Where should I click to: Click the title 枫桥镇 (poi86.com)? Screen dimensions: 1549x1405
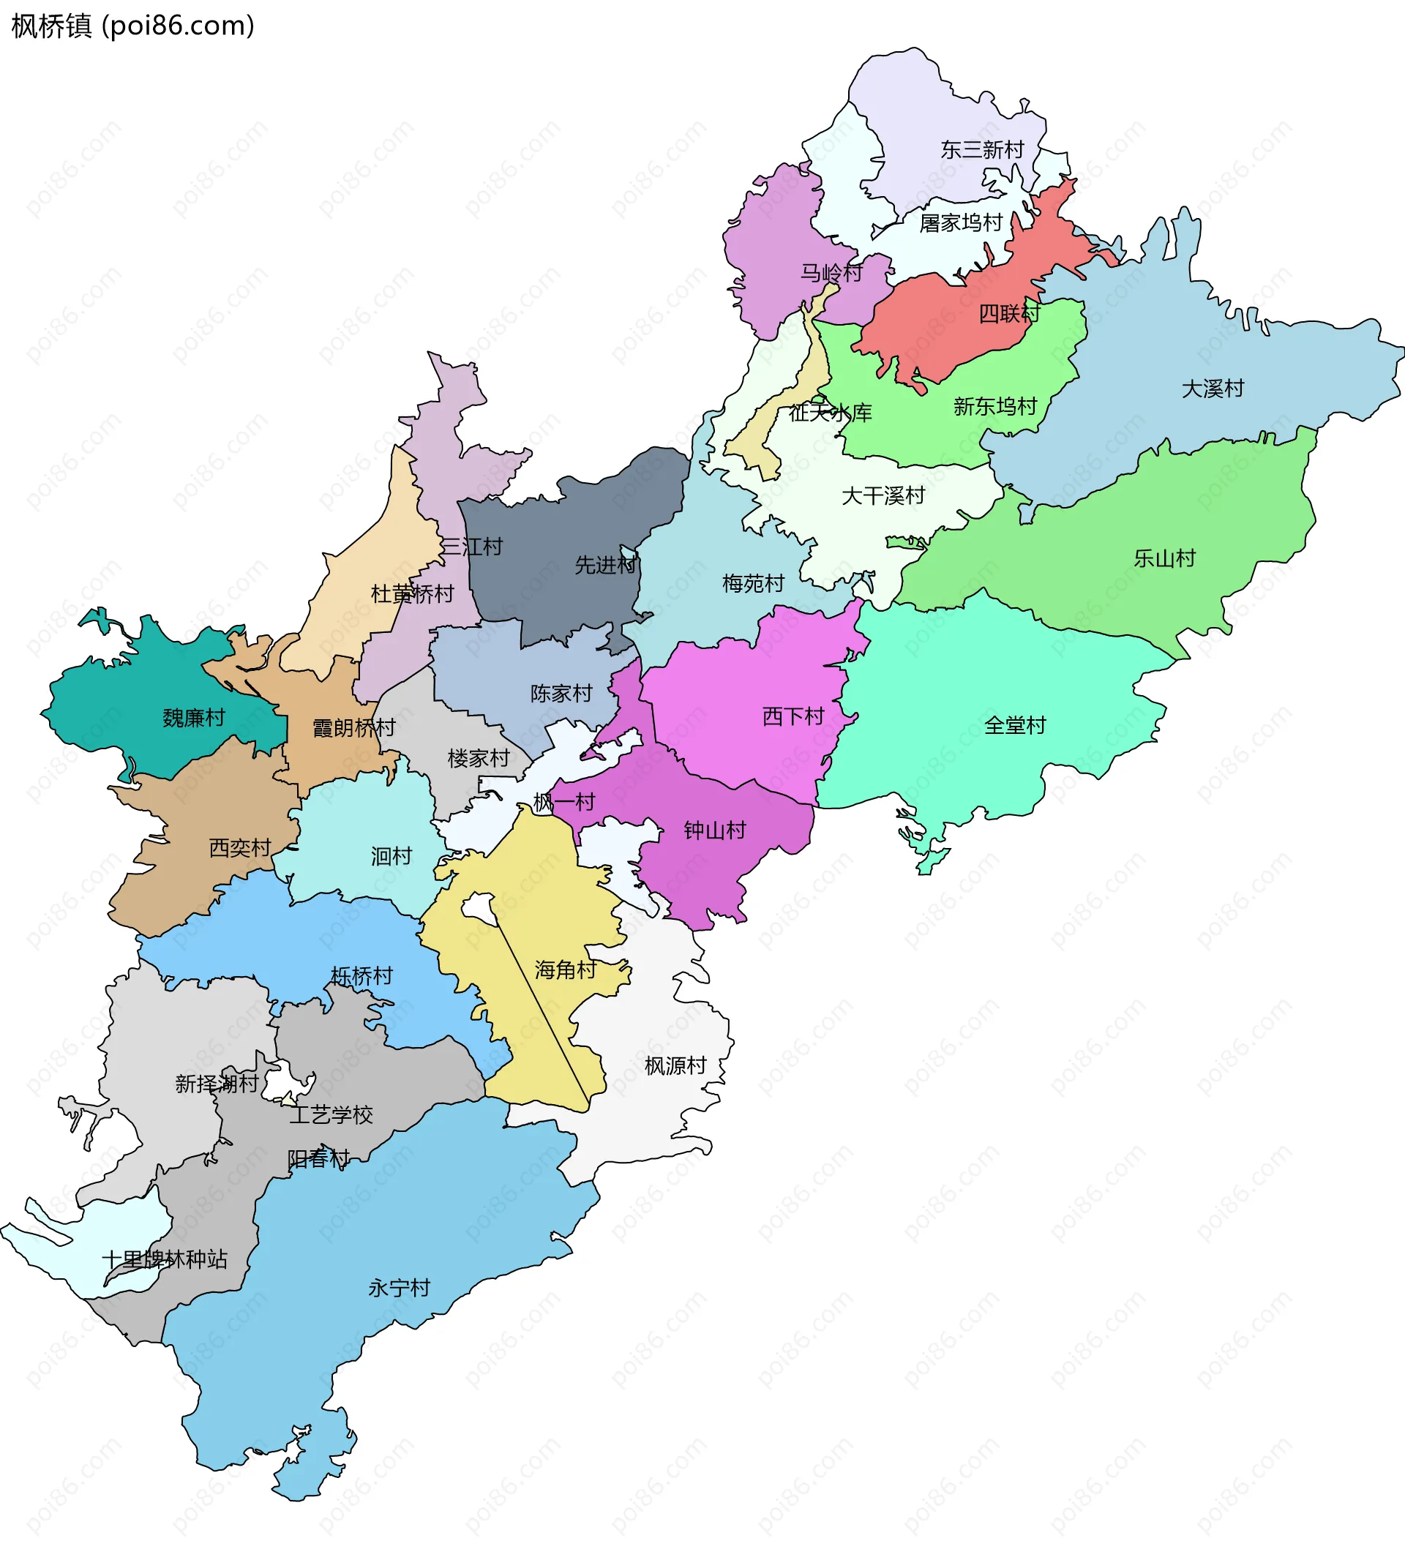click(x=132, y=26)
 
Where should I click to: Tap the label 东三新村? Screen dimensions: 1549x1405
click(x=982, y=150)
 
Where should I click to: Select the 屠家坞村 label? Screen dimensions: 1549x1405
click(x=961, y=223)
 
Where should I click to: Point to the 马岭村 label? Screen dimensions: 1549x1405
click(x=831, y=273)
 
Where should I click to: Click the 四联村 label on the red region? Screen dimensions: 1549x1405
click(x=1009, y=313)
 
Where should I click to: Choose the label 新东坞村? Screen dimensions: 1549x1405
click(x=995, y=407)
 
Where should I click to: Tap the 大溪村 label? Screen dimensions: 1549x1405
click(x=1212, y=389)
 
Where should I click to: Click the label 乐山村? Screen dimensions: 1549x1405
click(x=1164, y=558)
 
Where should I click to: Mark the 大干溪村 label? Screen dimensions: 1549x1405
click(x=883, y=495)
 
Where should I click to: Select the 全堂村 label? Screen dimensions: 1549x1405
click(x=1014, y=725)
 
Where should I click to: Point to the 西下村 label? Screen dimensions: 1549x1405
click(x=793, y=717)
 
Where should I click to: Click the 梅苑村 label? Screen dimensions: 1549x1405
click(x=753, y=584)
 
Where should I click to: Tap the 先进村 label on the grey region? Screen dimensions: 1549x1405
click(x=606, y=566)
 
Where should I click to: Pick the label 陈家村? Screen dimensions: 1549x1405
click(x=561, y=694)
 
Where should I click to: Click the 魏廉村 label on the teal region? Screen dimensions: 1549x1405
click(x=194, y=719)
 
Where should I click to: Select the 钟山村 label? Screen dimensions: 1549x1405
click(x=715, y=830)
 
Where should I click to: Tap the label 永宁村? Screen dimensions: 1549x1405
click(x=399, y=1288)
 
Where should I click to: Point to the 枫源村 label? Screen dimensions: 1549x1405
click(x=675, y=1065)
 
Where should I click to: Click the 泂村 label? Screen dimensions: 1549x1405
click(x=391, y=856)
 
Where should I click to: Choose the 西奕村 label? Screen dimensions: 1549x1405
click(x=240, y=848)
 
